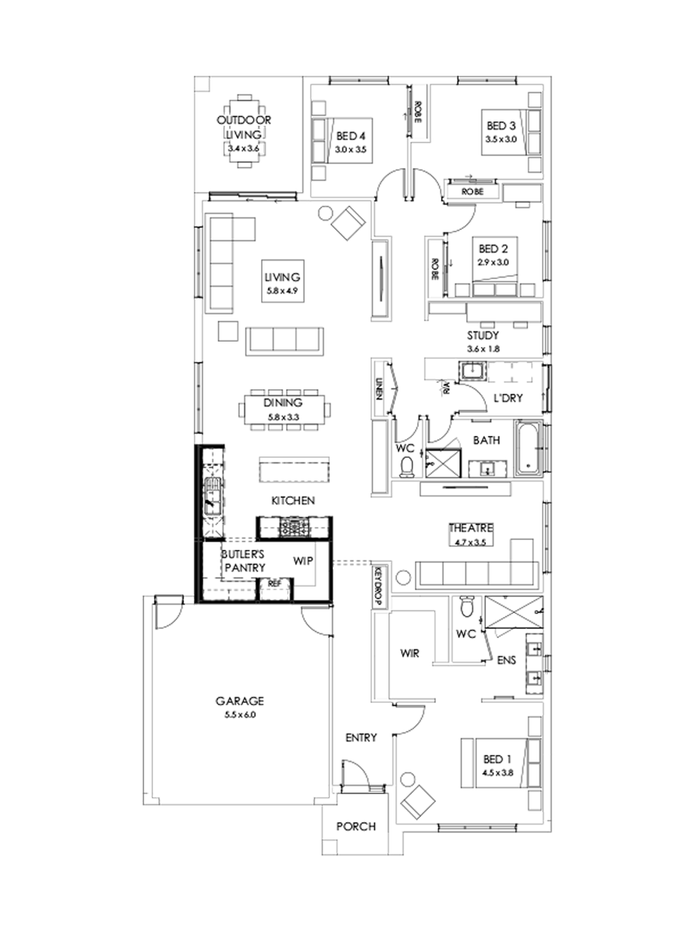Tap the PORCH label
pyautogui.click(x=357, y=827)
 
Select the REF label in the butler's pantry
pyautogui.click(x=275, y=583)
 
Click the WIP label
pyautogui.click(x=303, y=560)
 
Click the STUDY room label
pyautogui.click(x=481, y=336)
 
